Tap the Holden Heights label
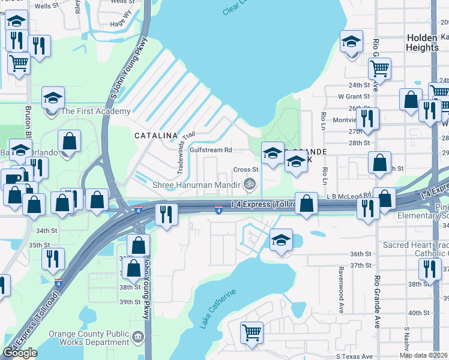(423, 42)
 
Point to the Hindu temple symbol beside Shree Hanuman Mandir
(251, 184)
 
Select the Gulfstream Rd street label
(211, 150)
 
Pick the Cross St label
(246, 170)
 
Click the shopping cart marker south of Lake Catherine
(252, 332)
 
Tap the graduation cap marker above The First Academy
(53, 97)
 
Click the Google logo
(20, 353)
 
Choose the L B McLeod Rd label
(349, 196)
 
